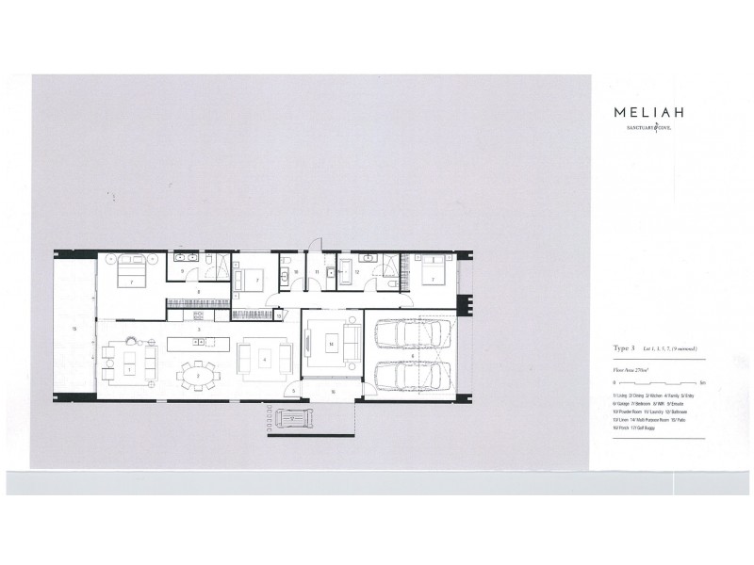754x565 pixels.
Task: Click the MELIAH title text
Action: click(x=646, y=110)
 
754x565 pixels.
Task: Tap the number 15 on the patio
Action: click(x=74, y=327)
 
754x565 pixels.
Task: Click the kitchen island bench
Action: click(x=198, y=343)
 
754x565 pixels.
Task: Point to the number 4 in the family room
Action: click(x=266, y=360)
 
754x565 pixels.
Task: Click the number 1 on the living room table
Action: click(x=128, y=369)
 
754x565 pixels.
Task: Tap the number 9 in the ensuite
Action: click(x=182, y=271)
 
